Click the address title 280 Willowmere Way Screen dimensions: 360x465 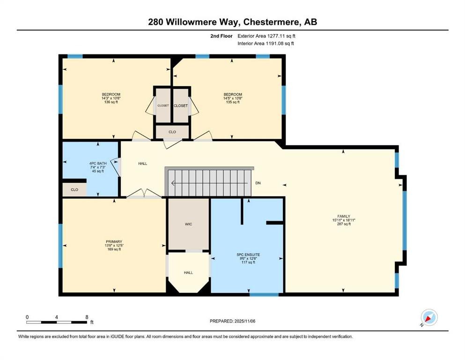point(232,22)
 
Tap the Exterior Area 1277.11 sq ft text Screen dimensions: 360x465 point(266,36)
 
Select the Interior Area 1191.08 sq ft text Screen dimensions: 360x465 point(266,44)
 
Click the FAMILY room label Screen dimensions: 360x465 point(341,220)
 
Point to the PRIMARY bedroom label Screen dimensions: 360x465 point(114,246)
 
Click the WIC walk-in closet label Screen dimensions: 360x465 point(188,224)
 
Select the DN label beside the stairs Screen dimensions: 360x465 point(258,183)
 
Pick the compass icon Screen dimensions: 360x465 point(429,317)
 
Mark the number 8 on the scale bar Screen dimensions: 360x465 point(87,317)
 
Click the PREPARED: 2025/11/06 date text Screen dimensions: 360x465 point(232,321)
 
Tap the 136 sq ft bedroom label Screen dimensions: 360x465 point(111,98)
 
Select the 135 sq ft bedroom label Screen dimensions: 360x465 point(233,98)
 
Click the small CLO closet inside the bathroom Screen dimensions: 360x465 point(74,190)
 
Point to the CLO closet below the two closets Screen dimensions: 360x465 point(172,132)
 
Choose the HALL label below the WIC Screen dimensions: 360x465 point(188,272)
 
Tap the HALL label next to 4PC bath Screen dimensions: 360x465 point(143,164)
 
